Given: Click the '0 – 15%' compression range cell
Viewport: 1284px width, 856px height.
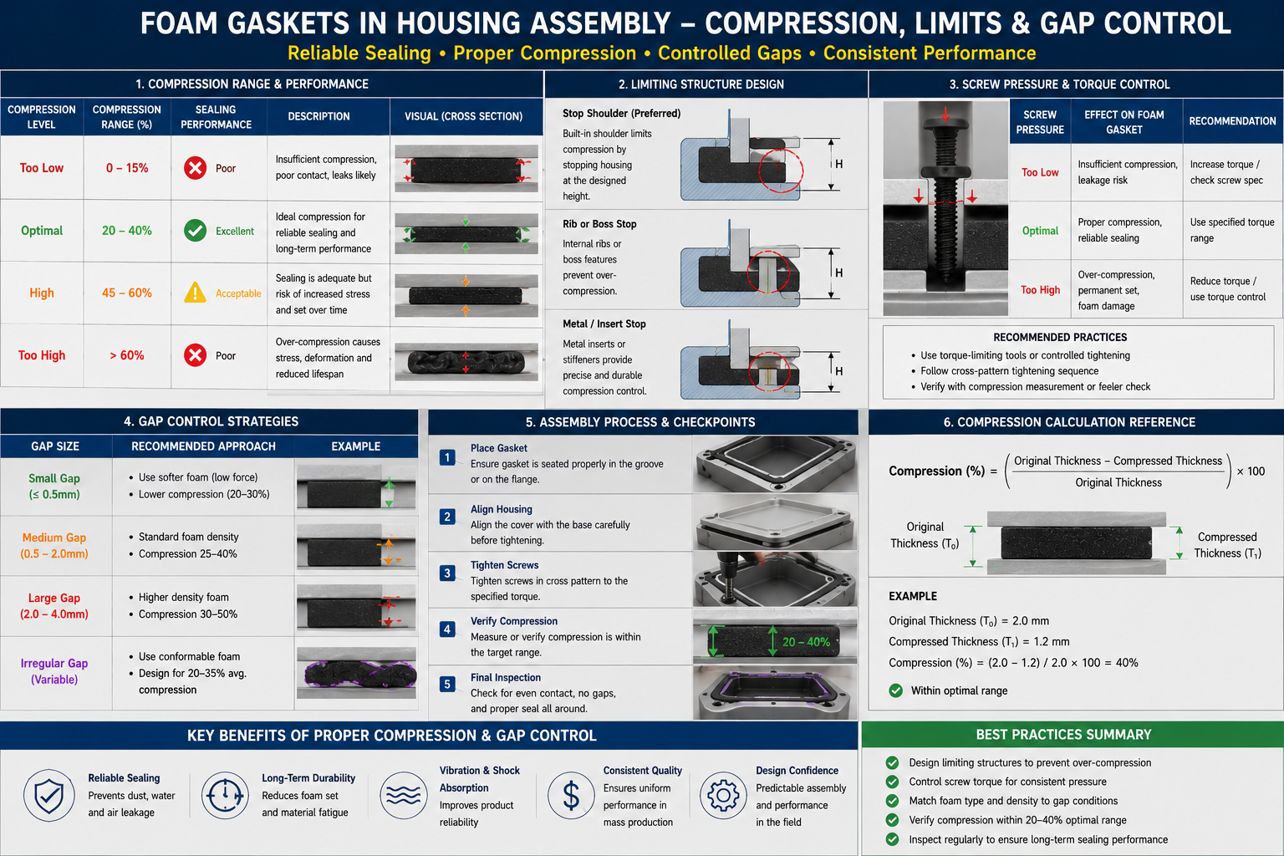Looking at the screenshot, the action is pos(127,168).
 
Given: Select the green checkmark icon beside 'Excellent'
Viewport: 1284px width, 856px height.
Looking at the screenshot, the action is pos(195,231).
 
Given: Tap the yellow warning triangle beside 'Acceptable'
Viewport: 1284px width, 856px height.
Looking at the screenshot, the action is pos(195,293).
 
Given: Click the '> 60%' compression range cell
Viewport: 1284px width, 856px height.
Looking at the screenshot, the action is pos(127,355).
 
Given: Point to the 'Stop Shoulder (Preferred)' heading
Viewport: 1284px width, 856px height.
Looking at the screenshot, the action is pos(621,114).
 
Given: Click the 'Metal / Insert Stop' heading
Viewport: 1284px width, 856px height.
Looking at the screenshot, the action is pos(604,324).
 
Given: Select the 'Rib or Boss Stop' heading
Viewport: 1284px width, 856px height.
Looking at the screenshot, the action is pos(599,224).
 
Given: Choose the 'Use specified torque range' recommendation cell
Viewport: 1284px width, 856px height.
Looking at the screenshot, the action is pos(1232,230).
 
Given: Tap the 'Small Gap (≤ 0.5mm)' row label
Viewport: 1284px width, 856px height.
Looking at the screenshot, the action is pos(54,487).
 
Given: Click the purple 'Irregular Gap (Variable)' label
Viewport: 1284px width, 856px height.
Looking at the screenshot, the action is pos(54,671).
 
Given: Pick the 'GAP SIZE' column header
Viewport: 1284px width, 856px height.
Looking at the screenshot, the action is pos(55,446).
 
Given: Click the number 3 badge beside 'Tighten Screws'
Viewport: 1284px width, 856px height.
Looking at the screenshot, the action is pos(447,573).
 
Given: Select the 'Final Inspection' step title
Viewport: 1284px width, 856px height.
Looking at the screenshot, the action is pos(506,678).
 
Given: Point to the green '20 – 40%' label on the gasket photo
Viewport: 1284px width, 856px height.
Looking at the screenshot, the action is pos(806,642).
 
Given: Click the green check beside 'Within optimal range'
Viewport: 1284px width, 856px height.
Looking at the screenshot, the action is pos(895,690).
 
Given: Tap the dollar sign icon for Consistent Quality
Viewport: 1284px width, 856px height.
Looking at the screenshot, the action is pos(571,796).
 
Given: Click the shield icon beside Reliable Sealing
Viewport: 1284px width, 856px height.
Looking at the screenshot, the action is pos(48,795).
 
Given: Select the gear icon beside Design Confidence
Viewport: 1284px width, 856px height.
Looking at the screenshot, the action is pos(723,795).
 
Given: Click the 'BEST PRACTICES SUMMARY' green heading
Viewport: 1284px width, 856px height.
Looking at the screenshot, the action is pos(1063,735).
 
